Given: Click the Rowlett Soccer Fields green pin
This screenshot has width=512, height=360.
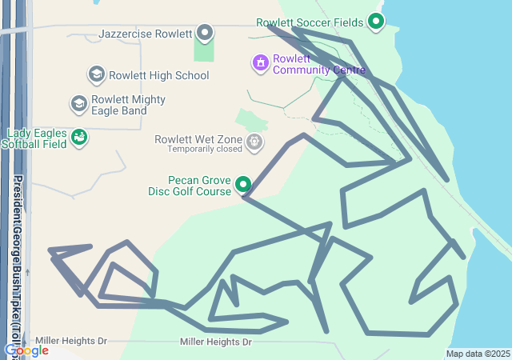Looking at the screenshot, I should tap(376, 22).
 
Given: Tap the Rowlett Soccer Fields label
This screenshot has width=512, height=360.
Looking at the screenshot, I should tap(310, 22).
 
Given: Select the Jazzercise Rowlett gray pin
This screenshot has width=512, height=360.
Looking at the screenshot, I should tap(206, 34).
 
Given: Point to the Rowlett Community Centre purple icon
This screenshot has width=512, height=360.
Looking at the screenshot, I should tap(260, 62).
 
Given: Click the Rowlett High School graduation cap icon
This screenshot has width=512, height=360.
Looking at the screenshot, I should tap(97, 75).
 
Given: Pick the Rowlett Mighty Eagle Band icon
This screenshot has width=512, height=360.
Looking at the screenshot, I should tap(78, 103).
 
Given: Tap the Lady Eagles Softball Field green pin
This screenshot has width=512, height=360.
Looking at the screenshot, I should tap(78, 138).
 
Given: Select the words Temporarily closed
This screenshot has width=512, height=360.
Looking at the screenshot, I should tap(205, 150).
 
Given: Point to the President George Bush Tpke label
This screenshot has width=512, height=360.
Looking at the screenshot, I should tap(18, 264).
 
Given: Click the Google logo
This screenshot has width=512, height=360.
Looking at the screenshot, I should tap(26, 350).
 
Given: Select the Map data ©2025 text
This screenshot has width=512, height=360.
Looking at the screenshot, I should tap(478, 354).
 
